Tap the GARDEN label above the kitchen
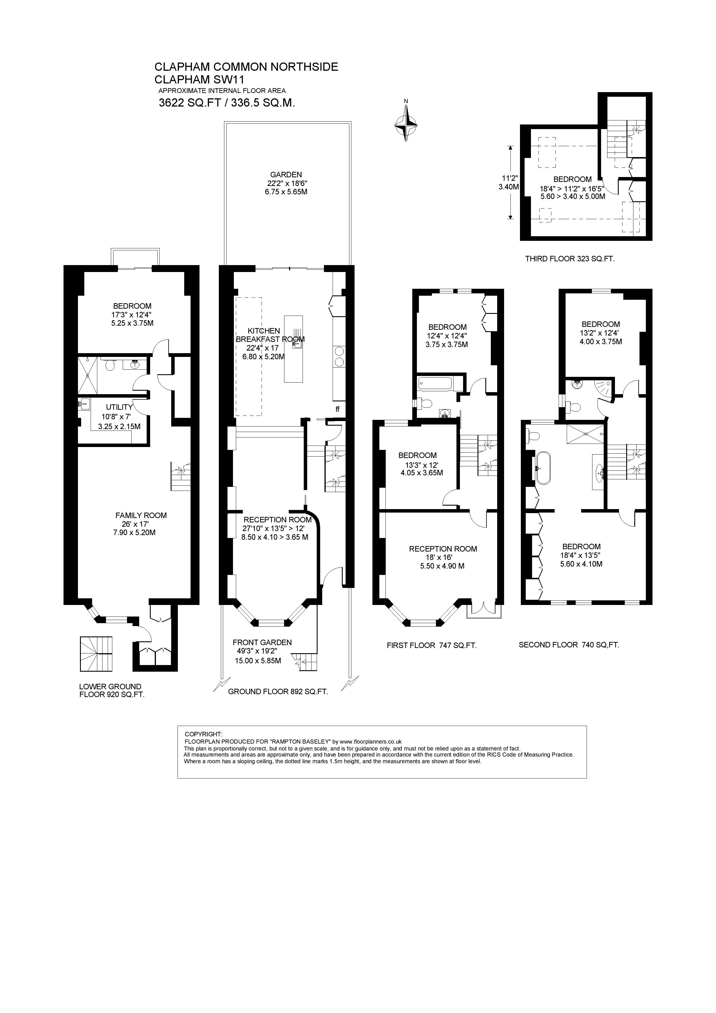pos(286,175)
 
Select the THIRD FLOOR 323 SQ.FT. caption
pos(570,259)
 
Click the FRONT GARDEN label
pos(262,643)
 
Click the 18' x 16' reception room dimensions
pos(443,557)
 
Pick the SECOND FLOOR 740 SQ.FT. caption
pos(569,645)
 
